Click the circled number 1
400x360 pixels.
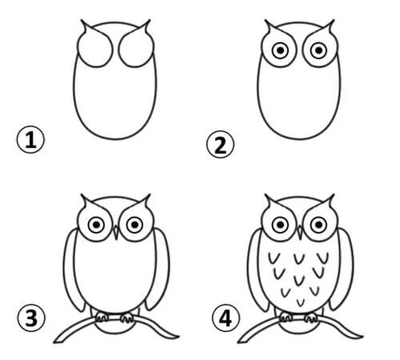(31, 140)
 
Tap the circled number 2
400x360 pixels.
(220, 144)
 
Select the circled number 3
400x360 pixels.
(31, 318)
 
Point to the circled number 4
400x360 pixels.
(226, 318)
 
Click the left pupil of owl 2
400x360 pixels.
(280, 51)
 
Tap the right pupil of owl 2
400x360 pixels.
(319, 51)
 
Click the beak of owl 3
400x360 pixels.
(116, 232)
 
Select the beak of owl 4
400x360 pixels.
(300, 232)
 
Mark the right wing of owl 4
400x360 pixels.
(343, 270)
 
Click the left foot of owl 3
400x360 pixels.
(102, 317)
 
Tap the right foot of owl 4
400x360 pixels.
(311, 318)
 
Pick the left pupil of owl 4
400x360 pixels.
(280, 225)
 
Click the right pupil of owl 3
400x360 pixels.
(135, 225)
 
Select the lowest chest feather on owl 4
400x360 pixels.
(301, 303)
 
